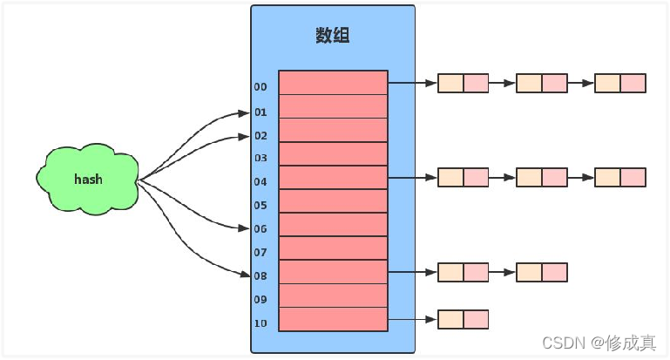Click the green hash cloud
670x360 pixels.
point(88,180)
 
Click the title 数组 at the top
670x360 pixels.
point(333,36)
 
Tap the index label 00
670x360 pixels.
point(261,87)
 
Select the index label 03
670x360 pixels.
point(261,159)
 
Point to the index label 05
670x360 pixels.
point(261,206)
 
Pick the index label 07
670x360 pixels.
point(261,253)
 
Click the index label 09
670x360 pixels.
point(261,300)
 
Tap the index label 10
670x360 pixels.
point(261,323)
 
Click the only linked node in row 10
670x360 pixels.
point(463,319)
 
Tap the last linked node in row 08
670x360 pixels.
point(541,272)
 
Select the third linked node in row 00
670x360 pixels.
point(619,83)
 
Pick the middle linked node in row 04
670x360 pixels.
point(541,177)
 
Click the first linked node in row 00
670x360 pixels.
point(463,83)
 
